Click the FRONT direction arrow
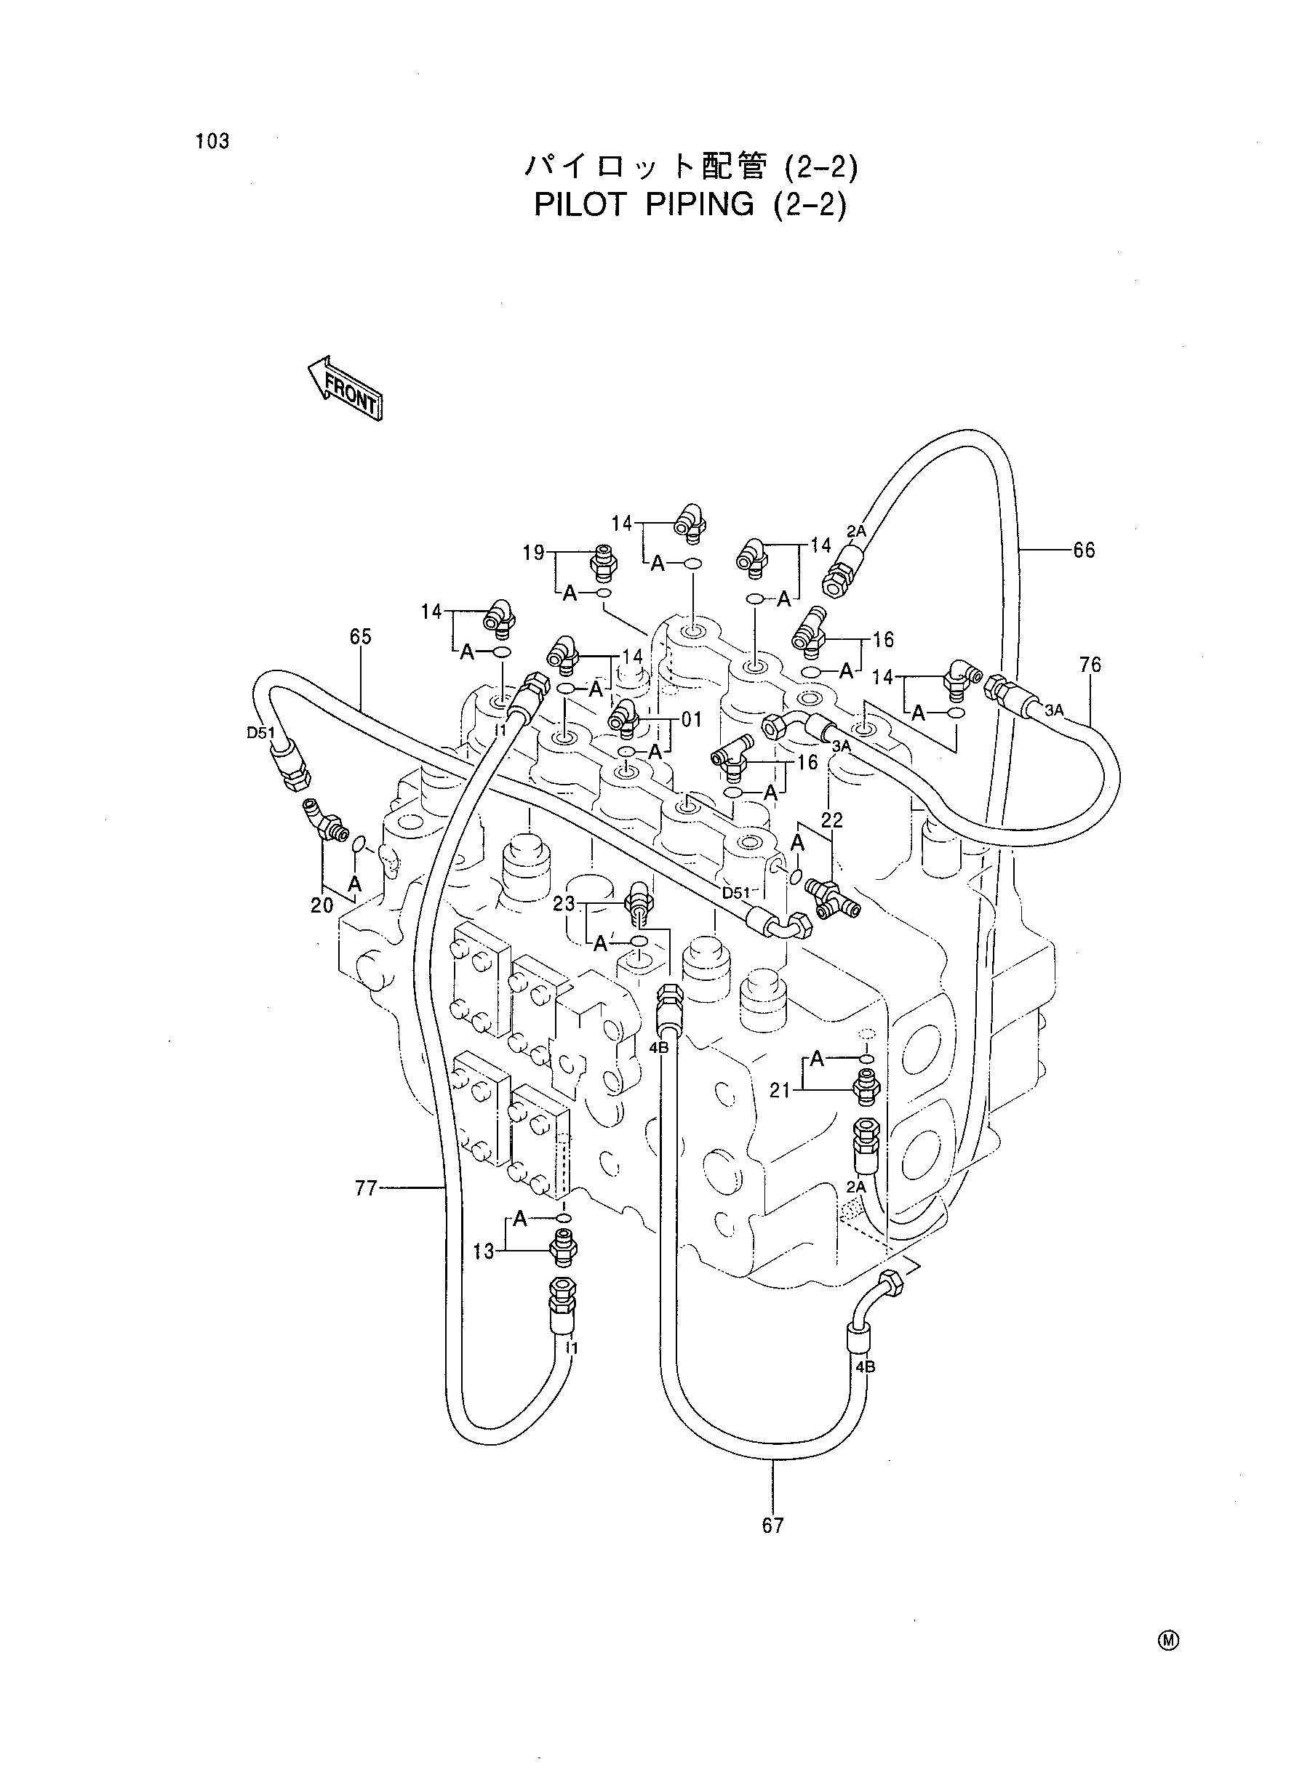tap(344, 388)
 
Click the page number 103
tap(213, 141)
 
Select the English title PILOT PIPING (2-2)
tap(690, 204)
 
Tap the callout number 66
tap(1083, 550)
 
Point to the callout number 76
tap(1090, 665)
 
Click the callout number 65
tap(360, 636)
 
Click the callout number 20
tap(322, 905)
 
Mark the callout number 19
tap(533, 553)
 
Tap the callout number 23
tap(564, 905)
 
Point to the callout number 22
tap(832, 820)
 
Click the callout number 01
tap(692, 720)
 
